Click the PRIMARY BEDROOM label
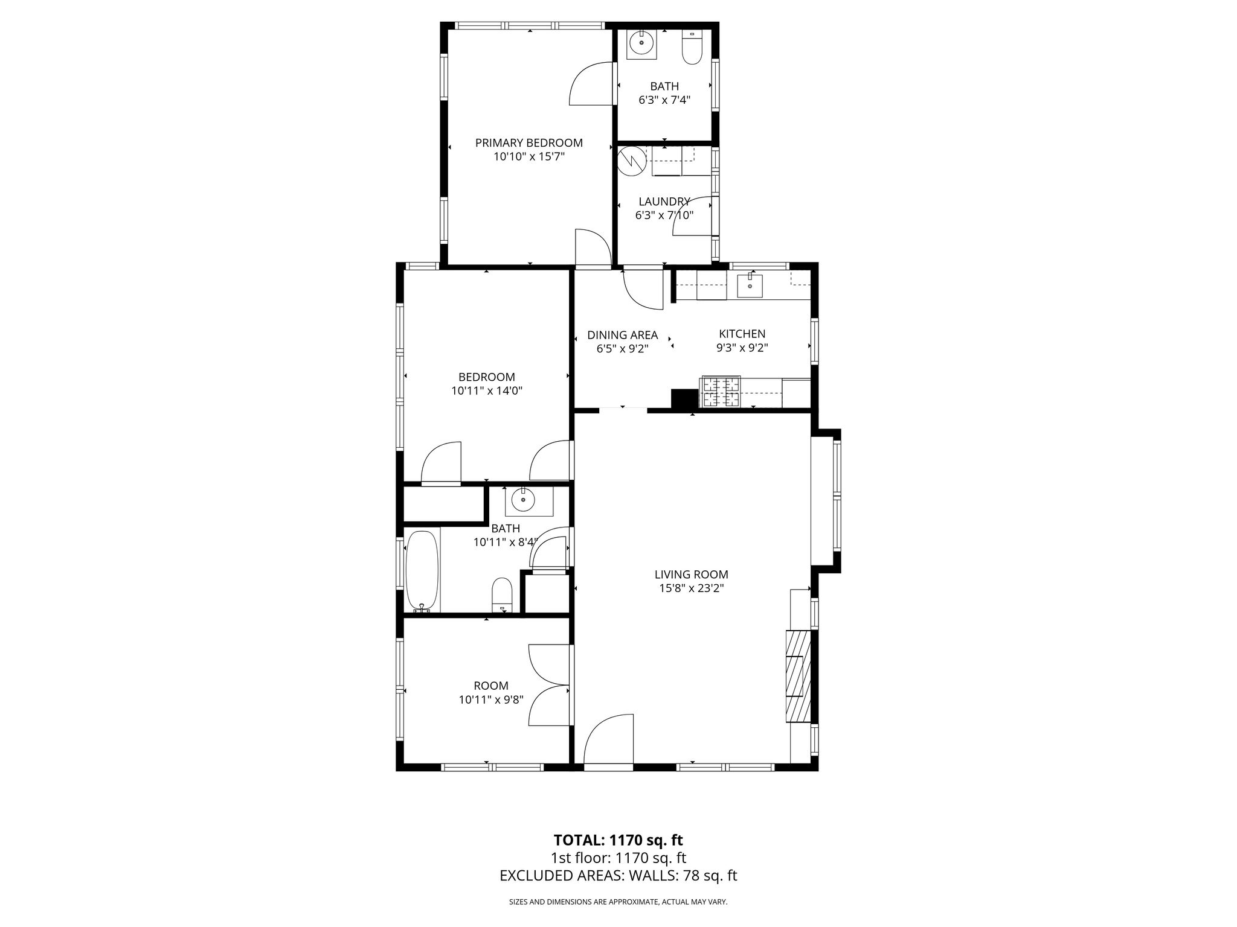[529, 143]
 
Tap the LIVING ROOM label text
[691, 575]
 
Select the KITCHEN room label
[742, 334]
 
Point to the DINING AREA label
[622, 336]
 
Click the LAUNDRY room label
[664, 202]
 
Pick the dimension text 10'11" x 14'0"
[486, 390]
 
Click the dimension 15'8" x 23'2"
[691, 588]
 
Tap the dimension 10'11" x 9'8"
[490, 699]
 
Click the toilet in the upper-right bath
[692, 47]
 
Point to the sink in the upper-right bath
[640, 43]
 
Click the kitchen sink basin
[750, 286]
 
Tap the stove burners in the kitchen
[720, 391]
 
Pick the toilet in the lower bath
[502, 595]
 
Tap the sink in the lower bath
[522, 500]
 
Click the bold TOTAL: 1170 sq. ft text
[618, 839]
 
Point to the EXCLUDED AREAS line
[618, 876]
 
